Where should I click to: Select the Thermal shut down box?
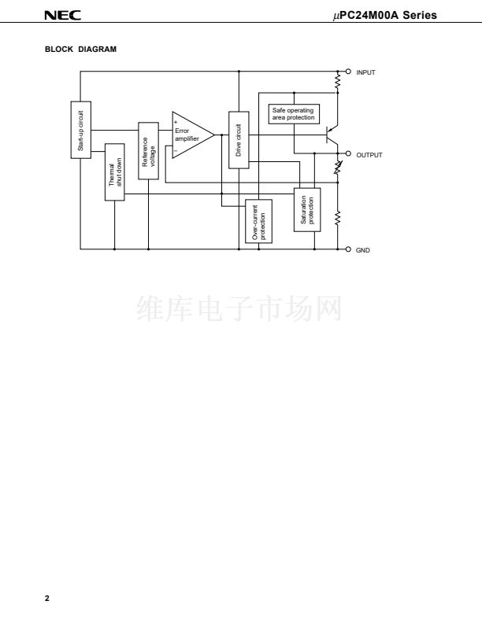pyautogui.click(x=115, y=171)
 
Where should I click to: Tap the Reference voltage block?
pyautogui.click(x=148, y=151)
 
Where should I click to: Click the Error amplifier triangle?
pyautogui.click(x=189, y=135)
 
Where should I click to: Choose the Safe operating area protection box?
pyautogui.click(x=293, y=114)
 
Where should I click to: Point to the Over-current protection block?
pyautogui.click(x=258, y=221)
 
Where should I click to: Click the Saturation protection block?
pyautogui.click(x=307, y=209)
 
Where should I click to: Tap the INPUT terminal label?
pyautogui.click(x=365, y=72)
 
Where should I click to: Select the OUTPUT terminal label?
pyautogui.click(x=369, y=155)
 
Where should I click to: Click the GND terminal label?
pyautogui.click(x=362, y=250)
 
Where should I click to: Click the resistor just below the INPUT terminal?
pyautogui.click(x=339, y=81)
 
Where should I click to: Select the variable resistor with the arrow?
pyautogui.click(x=339, y=168)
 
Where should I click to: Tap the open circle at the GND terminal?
pyautogui.click(x=349, y=250)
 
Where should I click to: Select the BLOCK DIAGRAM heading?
pyautogui.click(x=80, y=50)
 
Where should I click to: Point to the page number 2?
pyautogui.click(x=46, y=599)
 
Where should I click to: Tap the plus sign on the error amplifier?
pyautogui.click(x=176, y=121)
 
